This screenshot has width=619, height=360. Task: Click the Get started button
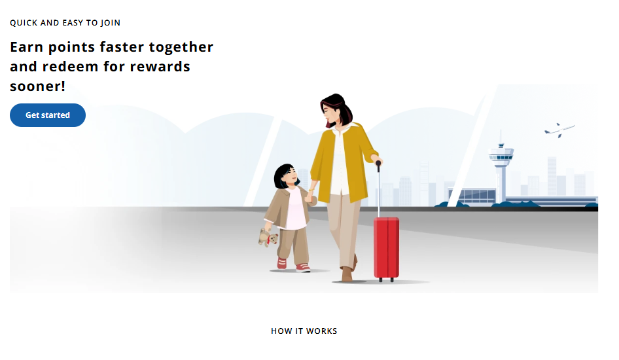pos(48,115)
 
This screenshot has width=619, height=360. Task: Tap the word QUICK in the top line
pos(24,23)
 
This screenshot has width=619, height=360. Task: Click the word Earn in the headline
pos(26,47)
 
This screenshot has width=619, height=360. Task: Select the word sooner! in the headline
pos(37,86)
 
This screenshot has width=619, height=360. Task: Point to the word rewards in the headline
pos(160,67)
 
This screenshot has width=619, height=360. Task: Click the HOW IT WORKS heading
pos(304,331)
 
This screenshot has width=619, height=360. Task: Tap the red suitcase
pos(387,249)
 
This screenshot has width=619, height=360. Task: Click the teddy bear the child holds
pos(268,238)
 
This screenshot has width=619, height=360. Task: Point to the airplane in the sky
pos(559,130)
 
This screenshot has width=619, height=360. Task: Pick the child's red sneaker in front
pos(303,268)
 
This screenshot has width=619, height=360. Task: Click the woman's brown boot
pos(347,274)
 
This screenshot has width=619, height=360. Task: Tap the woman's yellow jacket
pos(344,162)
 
